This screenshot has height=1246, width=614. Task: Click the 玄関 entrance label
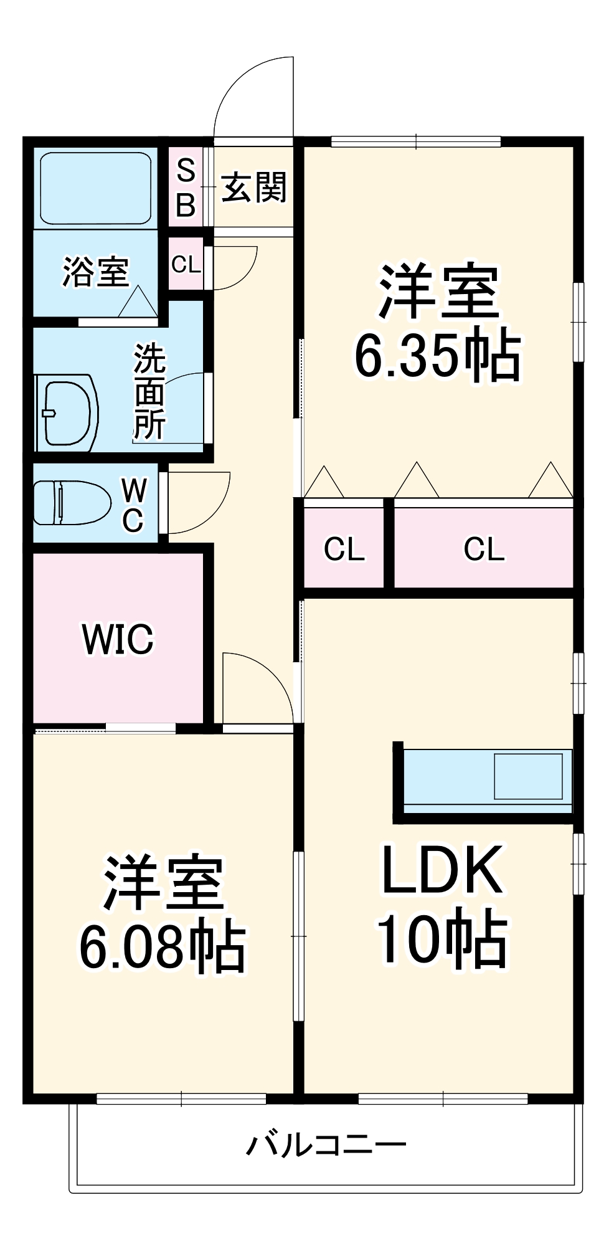(254, 187)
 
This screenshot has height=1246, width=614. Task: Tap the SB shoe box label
(186, 188)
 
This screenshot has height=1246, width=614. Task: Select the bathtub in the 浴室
(95, 188)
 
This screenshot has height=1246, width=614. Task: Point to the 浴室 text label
(95, 272)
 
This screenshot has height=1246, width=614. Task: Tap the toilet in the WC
(72, 502)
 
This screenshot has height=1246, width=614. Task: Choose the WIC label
(118, 639)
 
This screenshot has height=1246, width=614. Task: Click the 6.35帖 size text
(438, 355)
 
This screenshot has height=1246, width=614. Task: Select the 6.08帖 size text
(163, 946)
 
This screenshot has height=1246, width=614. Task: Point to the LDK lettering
(442, 870)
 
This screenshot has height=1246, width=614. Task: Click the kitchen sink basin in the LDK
(528, 776)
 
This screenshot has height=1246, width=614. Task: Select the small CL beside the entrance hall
(186, 264)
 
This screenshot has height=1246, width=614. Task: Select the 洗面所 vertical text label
(149, 392)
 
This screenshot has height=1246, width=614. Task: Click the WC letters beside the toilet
(133, 505)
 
